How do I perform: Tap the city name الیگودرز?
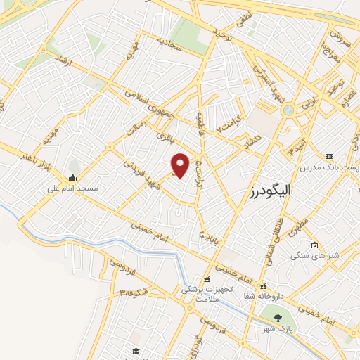[270, 191]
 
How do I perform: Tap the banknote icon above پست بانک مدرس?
[328, 156]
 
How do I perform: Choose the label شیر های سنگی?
[316, 255]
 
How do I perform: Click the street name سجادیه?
[169, 46]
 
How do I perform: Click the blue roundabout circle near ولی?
[288, 110]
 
